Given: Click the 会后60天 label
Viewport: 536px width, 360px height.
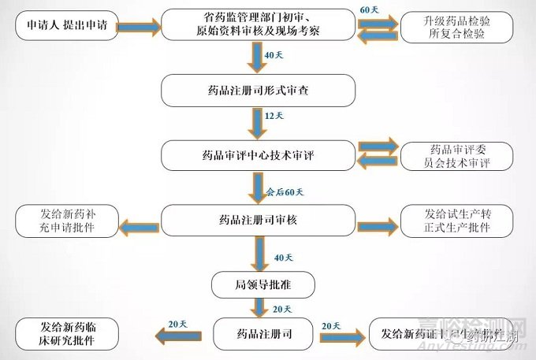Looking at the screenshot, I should (x=287, y=191).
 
